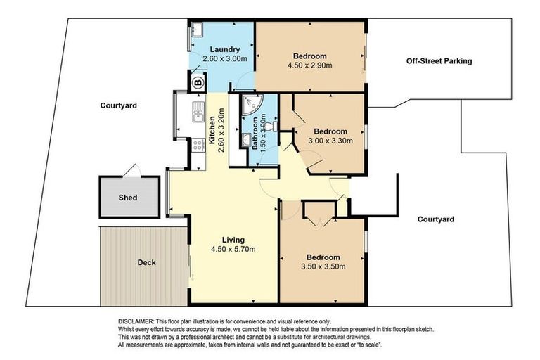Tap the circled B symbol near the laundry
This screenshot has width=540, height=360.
click(x=197, y=82)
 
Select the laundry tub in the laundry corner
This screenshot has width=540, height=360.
click(x=197, y=30)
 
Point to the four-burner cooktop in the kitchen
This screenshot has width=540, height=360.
click(x=198, y=147)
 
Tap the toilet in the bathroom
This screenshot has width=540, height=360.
click(x=271, y=127)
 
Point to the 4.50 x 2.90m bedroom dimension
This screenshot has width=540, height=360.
click(x=310, y=65)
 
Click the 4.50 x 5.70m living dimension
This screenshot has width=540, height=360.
click(x=233, y=249)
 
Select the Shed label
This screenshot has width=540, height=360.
click(x=127, y=198)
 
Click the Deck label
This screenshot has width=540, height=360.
click(x=147, y=262)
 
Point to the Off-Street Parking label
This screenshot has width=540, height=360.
click(x=439, y=61)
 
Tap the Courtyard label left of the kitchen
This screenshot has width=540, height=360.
click(x=117, y=105)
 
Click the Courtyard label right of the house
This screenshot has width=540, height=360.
click(x=435, y=219)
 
